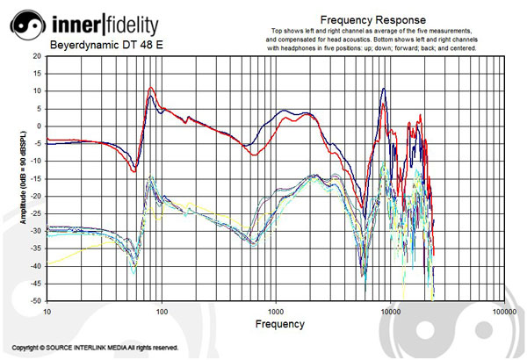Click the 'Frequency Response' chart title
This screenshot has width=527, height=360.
point(373,19)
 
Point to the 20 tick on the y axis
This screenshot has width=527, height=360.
point(36,54)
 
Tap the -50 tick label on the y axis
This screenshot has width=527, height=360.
point(35,300)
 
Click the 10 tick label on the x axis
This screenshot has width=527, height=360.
point(47,311)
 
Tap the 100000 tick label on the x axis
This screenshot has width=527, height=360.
point(504,311)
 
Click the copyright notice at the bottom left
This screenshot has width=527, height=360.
point(95,348)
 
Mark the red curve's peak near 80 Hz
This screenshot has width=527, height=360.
point(152,88)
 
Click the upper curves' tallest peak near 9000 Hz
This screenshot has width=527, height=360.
point(384,89)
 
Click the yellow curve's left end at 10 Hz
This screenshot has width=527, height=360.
point(48,264)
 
